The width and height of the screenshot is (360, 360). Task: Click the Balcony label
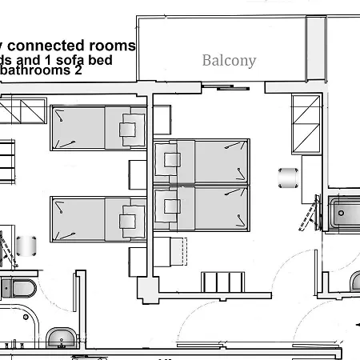click(229, 61)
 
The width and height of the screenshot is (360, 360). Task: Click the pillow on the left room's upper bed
click(128, 128)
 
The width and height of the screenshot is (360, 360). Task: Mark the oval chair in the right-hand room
click(286, 176)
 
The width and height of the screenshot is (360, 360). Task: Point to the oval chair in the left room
click(29, 245)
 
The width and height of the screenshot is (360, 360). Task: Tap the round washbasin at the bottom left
click(59, 340)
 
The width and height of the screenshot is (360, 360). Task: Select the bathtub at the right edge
click(344, 213)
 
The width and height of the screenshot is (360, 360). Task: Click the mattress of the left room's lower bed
click(80, 219)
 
